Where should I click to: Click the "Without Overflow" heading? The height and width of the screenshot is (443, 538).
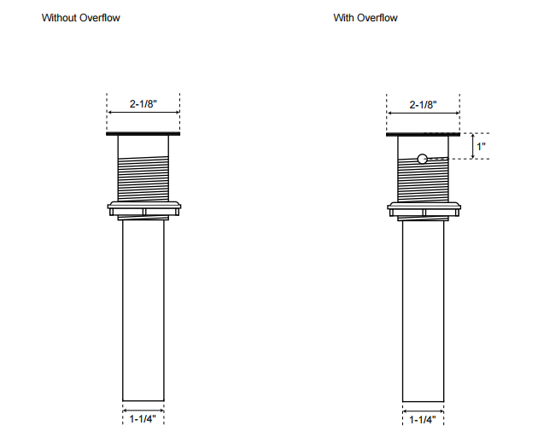(80, 18)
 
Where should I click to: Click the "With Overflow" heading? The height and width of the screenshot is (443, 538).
(365, 18)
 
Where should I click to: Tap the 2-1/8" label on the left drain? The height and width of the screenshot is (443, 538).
(143, 103)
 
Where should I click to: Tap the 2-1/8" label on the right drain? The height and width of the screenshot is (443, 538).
(423, 105)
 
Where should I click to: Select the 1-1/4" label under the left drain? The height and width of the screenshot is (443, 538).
(143, 418)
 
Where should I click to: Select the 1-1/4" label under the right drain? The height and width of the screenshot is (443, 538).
(423, 420)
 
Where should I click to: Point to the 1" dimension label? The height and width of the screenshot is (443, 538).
(481, 147)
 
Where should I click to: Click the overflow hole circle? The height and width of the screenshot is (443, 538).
(423, 159)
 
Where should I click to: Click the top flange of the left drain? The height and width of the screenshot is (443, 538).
(143, 134)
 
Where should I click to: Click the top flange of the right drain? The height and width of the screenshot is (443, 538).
(423, 134)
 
